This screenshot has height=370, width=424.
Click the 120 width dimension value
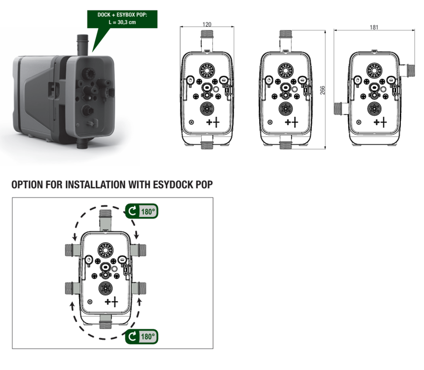click(x=207, y=25)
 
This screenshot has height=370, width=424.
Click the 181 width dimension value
click(x=374, y=27)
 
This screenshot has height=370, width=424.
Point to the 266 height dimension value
click(x=323, y=90)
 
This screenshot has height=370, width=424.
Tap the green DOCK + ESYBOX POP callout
click(x=122, y=19)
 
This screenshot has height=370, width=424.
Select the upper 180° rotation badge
click(x=142, y=211)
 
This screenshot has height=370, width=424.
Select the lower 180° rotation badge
click(x=142, y=336)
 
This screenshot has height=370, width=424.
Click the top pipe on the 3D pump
click(x=82, y=45)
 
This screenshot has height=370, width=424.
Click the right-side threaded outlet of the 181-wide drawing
click(x=408, y=70)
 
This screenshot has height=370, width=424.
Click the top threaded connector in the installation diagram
click(x=106, y=220)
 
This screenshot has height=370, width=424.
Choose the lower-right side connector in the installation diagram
click(x=139, y=288)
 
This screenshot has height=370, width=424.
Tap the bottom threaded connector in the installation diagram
click(x=106, y=322)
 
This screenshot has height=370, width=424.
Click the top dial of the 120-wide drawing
click(x=207, y=70)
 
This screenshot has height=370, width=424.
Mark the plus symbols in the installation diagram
click(x=111, y=302)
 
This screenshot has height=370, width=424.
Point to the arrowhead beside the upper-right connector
click(x=137, y=235)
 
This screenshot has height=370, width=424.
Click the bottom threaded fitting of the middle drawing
click(x=285, y=146)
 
